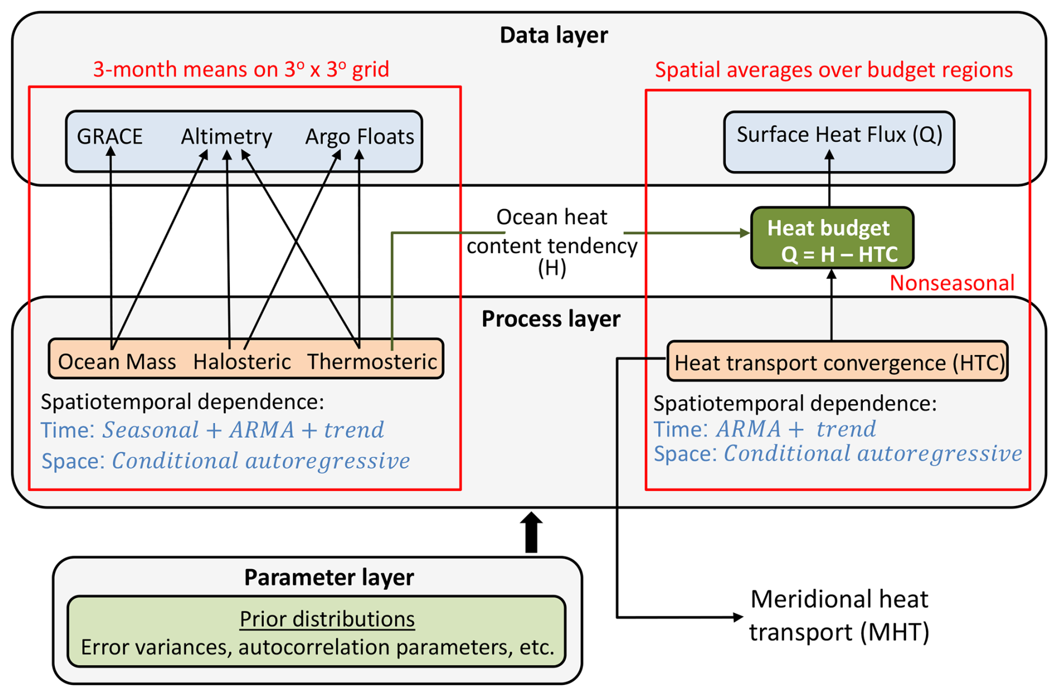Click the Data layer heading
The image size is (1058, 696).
pos(553,35)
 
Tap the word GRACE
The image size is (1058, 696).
pos(110,136)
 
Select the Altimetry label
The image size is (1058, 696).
pos(226,136)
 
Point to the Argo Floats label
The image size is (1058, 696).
pos(359,136)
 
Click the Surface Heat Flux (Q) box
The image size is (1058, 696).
pos(839,141)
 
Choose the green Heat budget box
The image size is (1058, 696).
pos(832,238)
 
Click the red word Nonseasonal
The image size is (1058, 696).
pos(952,283)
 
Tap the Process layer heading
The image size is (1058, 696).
pos(551,319)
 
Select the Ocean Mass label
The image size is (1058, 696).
pos(117,362)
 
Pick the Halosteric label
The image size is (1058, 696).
pos(242,362)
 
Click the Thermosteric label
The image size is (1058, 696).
pos(372,362)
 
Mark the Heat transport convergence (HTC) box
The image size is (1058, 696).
pos(838,362)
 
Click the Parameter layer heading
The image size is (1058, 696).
pos(329,577)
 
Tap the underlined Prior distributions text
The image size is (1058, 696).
pos(327,619)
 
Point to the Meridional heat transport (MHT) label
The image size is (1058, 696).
pos(839,615)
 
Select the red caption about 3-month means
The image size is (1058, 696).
pos(241,69)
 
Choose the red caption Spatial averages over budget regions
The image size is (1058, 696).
pos(834,70)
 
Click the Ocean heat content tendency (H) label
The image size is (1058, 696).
pos(552,243)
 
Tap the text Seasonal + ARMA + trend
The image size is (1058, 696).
pos(243,430)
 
